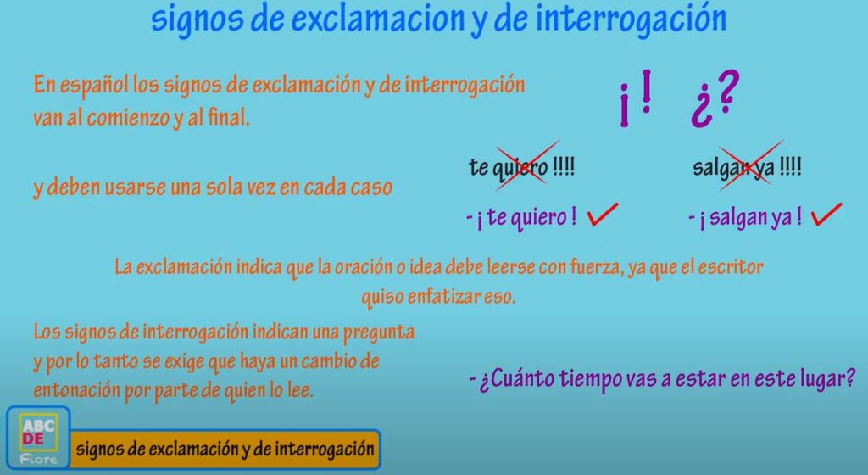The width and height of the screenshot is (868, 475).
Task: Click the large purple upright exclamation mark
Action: [x=645, y=91]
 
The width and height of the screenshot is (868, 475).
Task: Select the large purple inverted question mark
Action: [x=702, y=109]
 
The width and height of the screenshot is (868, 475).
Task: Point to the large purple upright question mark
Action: [x=726, y=91]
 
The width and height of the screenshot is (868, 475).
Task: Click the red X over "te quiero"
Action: [x=527, y=165]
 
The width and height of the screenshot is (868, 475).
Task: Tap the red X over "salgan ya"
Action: [x=751, y=165]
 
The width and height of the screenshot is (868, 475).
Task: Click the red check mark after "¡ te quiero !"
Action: [x=603, y=214]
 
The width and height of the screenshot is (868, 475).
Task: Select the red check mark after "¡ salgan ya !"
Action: [x=826, y=215]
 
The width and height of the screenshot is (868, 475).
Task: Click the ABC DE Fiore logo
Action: [x=38, y=438]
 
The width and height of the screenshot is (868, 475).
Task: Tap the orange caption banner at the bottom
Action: [x=225, y=449]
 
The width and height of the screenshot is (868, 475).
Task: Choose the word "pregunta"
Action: [x=379, y=332]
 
